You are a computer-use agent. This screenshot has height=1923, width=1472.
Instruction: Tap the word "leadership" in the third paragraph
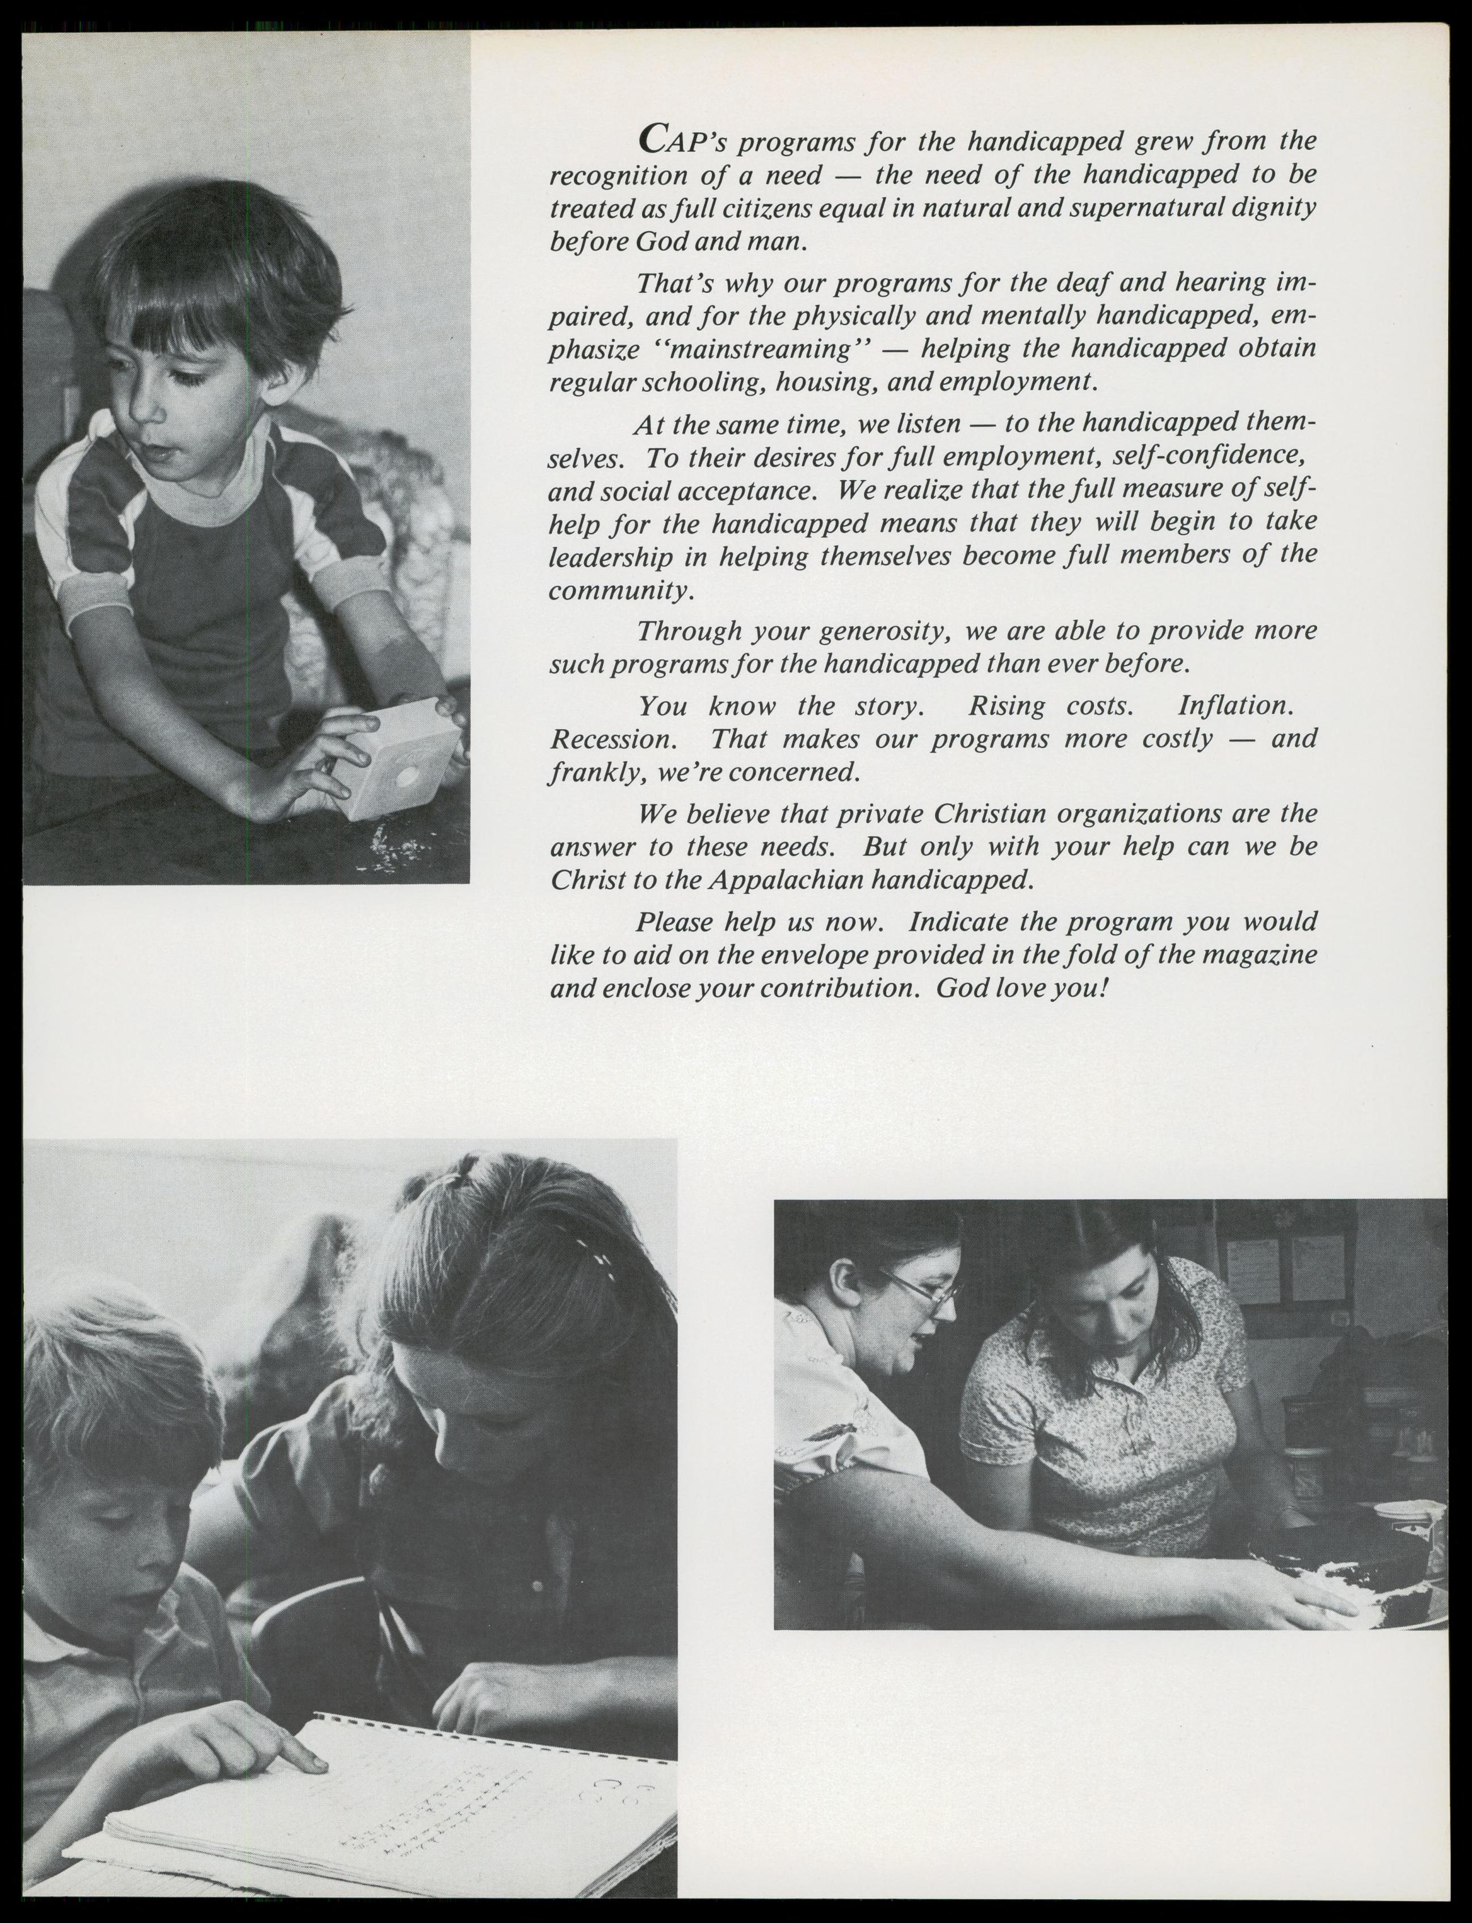610,557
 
